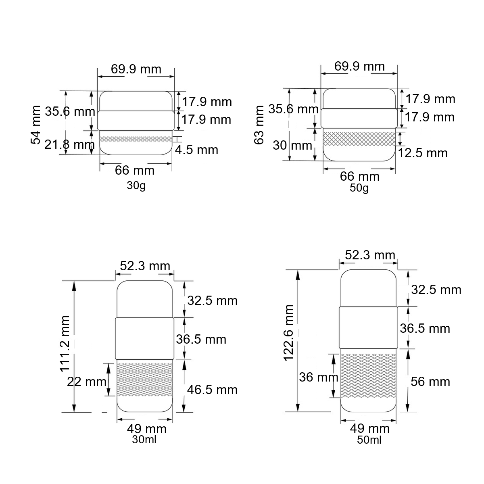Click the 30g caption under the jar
click(136, 186)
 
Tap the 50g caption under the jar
click(359, 188)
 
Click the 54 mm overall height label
click(35, 125)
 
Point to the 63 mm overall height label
click(259, 125)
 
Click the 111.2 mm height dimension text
click(65, 344)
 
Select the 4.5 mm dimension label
click(196, 150)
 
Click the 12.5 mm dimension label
click(423, 153)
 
